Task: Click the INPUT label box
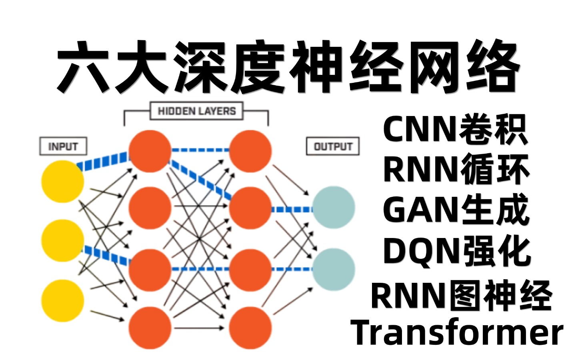pyautogui.click(x=63, y=146)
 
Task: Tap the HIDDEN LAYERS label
pyautogui.click(x=196, y=111)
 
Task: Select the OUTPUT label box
pyautogui.click(x=332, y=146)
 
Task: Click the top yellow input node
pyautogui.click(x=63, y=181)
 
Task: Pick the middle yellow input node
pyautogui.click(x=63, y=240)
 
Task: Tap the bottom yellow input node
pyautogui.click(x=63, y=301)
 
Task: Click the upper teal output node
pyautogui.click(x=333, y=207)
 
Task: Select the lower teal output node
pyautogui.click(x=333, y=270)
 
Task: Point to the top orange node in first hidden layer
pyautogui.click(x=150, y=151)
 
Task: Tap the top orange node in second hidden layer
pyautogui.click(x=250, y=151)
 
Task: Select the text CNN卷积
pyautogui.click(x=455, y=130)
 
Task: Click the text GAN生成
pyautogui.click(x=456, y=210)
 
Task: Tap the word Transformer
pyautogui.click(x=457, y=333)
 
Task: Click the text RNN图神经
pyautogui.click(x=461, y=295)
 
